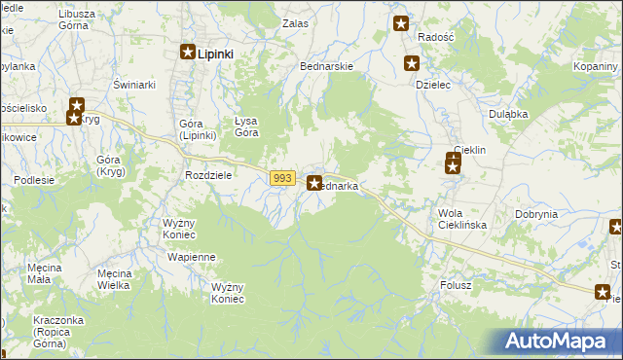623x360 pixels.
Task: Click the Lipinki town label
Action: click(x=215, y=54)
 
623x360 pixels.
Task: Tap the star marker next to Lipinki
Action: click(x=188, y=54)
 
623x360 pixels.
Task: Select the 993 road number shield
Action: click(x=282, y=177)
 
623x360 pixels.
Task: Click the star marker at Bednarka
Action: click(x=314, y=182)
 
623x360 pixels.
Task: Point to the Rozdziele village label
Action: click(x=207, y=175)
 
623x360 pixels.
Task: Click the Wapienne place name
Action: click(x=192, y=257)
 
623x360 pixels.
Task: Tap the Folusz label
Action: click(x=456, y=285)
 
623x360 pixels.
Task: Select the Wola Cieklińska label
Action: click(x=462, y=219)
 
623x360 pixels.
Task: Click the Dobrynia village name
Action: click(x=536, y=213)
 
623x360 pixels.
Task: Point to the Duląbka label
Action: click(x=508, y=114)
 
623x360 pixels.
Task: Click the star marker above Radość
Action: click(x=400, y=24)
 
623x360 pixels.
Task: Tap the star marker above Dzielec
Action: click(x=412, y=64)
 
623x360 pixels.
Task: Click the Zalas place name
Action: click(x=295, y=22)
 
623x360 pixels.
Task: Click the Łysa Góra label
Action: click(x=246, y=126)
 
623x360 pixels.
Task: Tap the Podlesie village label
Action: click(x=33, y=180)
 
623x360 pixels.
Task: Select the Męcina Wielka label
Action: click(x=121, y=279)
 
